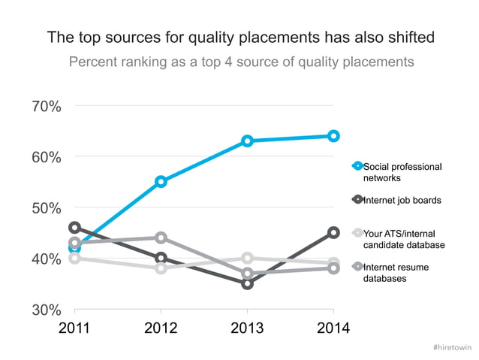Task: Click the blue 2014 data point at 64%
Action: pyautogui.click(x=333, y=136)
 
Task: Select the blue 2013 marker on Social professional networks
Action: pyautogui.click(x=247, y=141)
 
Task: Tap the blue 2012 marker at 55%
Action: pyautogui.click(x=161, y=181)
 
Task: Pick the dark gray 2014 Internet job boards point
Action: pyautogui.click(x=333, y=233)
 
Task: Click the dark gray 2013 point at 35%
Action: pyautogui.click(x=247, y=283)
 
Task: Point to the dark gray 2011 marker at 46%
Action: pyautogui.click(x=74, y=227)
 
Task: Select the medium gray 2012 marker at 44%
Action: pyautogui.click(x=161, y=237)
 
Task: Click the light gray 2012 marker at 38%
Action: pyautogui.click(x=161, y=268)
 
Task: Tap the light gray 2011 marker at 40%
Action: pyautogui.click(x=74, y=258)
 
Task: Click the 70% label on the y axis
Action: pyautogui.click(x=47, y=106)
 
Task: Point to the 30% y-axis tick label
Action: pyautogui.click(x=47, y=310)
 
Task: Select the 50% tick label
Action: pyautogui.click(x=47, y=207)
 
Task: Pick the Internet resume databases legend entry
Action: pyautogui.click(x=402, y=272)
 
